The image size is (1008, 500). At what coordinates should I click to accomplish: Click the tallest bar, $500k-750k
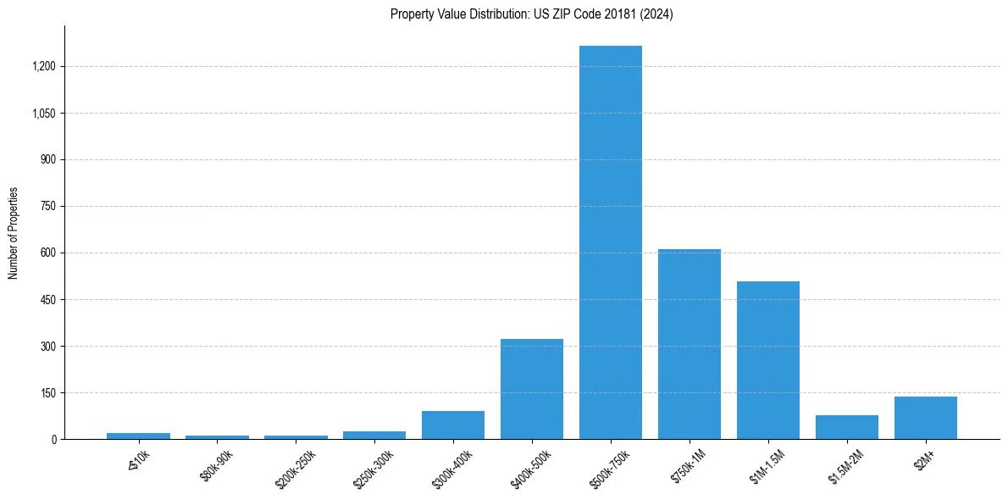tap(610, 242)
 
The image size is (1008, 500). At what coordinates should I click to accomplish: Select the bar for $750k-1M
tap(689, 344)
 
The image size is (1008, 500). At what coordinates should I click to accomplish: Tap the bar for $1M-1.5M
tap(767, 360)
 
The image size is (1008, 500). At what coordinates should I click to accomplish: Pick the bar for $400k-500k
tap(531, 389)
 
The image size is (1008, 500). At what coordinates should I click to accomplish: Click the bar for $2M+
tap(925, 418)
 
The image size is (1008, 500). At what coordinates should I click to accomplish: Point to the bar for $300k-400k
tap(452, 425)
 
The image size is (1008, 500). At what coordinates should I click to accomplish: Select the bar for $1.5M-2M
tap(846, 427)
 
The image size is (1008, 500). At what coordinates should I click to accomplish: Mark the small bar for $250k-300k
tap(374, 435)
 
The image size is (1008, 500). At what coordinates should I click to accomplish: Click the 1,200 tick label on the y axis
tap(45, 67)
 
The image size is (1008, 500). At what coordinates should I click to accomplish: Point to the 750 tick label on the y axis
tap(48, 207)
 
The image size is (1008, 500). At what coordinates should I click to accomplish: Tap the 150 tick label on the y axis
tap(48, 393)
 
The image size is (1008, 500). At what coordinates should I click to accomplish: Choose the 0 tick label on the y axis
tap(53, 440)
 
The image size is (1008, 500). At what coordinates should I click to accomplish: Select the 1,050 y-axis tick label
tap(45, 114)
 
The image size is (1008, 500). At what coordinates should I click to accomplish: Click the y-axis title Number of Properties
tap(13, 233)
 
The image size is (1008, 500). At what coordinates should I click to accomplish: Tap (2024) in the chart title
tap(657, 14)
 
